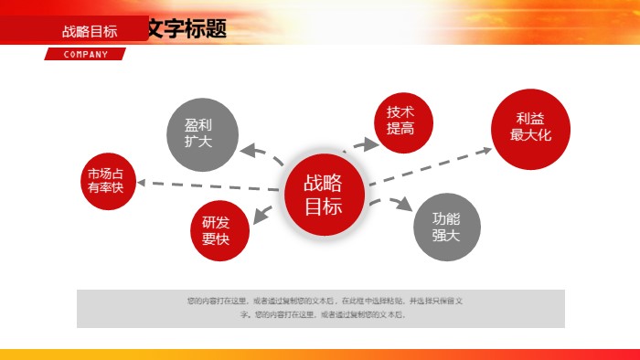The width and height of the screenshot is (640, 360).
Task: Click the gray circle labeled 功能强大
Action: pyautogui.click(x=446, y=227)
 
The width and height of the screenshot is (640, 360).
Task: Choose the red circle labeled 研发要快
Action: pyautogui.click(x=216, y=230)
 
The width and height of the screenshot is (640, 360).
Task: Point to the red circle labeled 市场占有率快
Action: pyautogui.click(x=105, y=180)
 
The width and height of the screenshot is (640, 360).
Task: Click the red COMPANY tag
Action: pyautogui.click(x=85, y=54)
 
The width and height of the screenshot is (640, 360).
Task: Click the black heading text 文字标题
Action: pyautogui.click(x=188, y=29)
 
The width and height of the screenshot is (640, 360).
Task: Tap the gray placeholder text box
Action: pyautogui.click(x=320, y=308)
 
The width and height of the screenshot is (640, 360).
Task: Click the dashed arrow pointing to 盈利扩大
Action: pyautogui.click(x=261, y=154)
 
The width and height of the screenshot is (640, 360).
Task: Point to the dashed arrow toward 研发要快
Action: pyautogui.click(x=266, y=214)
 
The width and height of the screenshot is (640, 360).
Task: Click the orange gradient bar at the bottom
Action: pyautogui.click(x=320, y=354)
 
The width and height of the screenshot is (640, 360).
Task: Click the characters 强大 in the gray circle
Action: pyautogui.click(x=446, y=235)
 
